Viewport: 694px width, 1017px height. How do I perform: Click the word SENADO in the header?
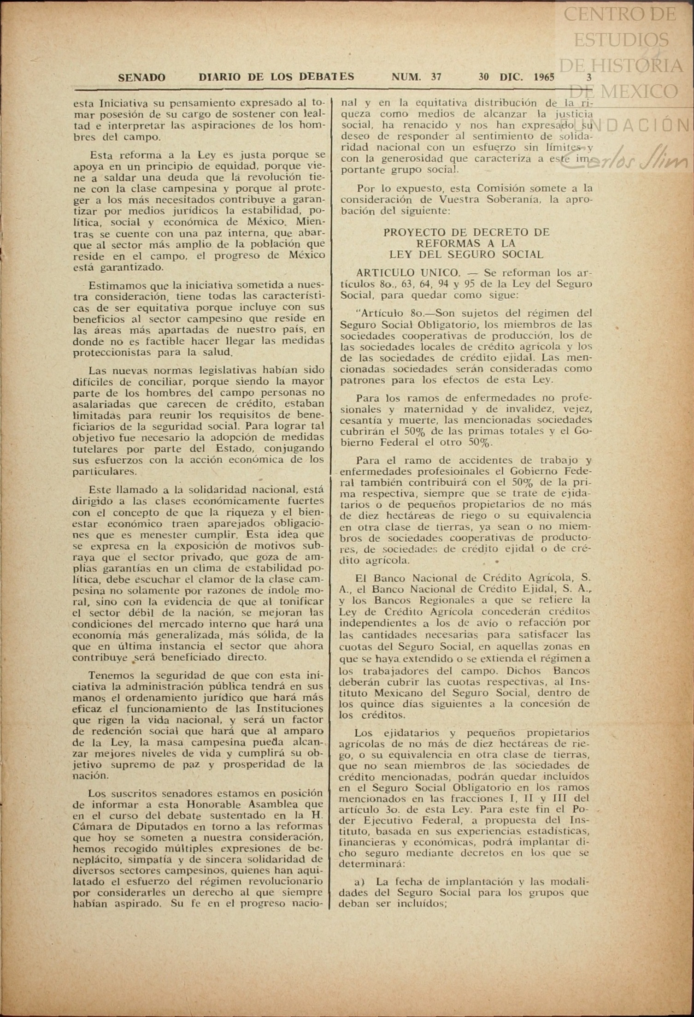point(141,77)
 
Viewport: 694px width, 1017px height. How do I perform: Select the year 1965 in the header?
point(544,77)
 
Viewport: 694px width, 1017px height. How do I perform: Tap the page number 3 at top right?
point(588,77)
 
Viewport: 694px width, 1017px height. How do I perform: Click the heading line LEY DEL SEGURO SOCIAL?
point(466,254)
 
